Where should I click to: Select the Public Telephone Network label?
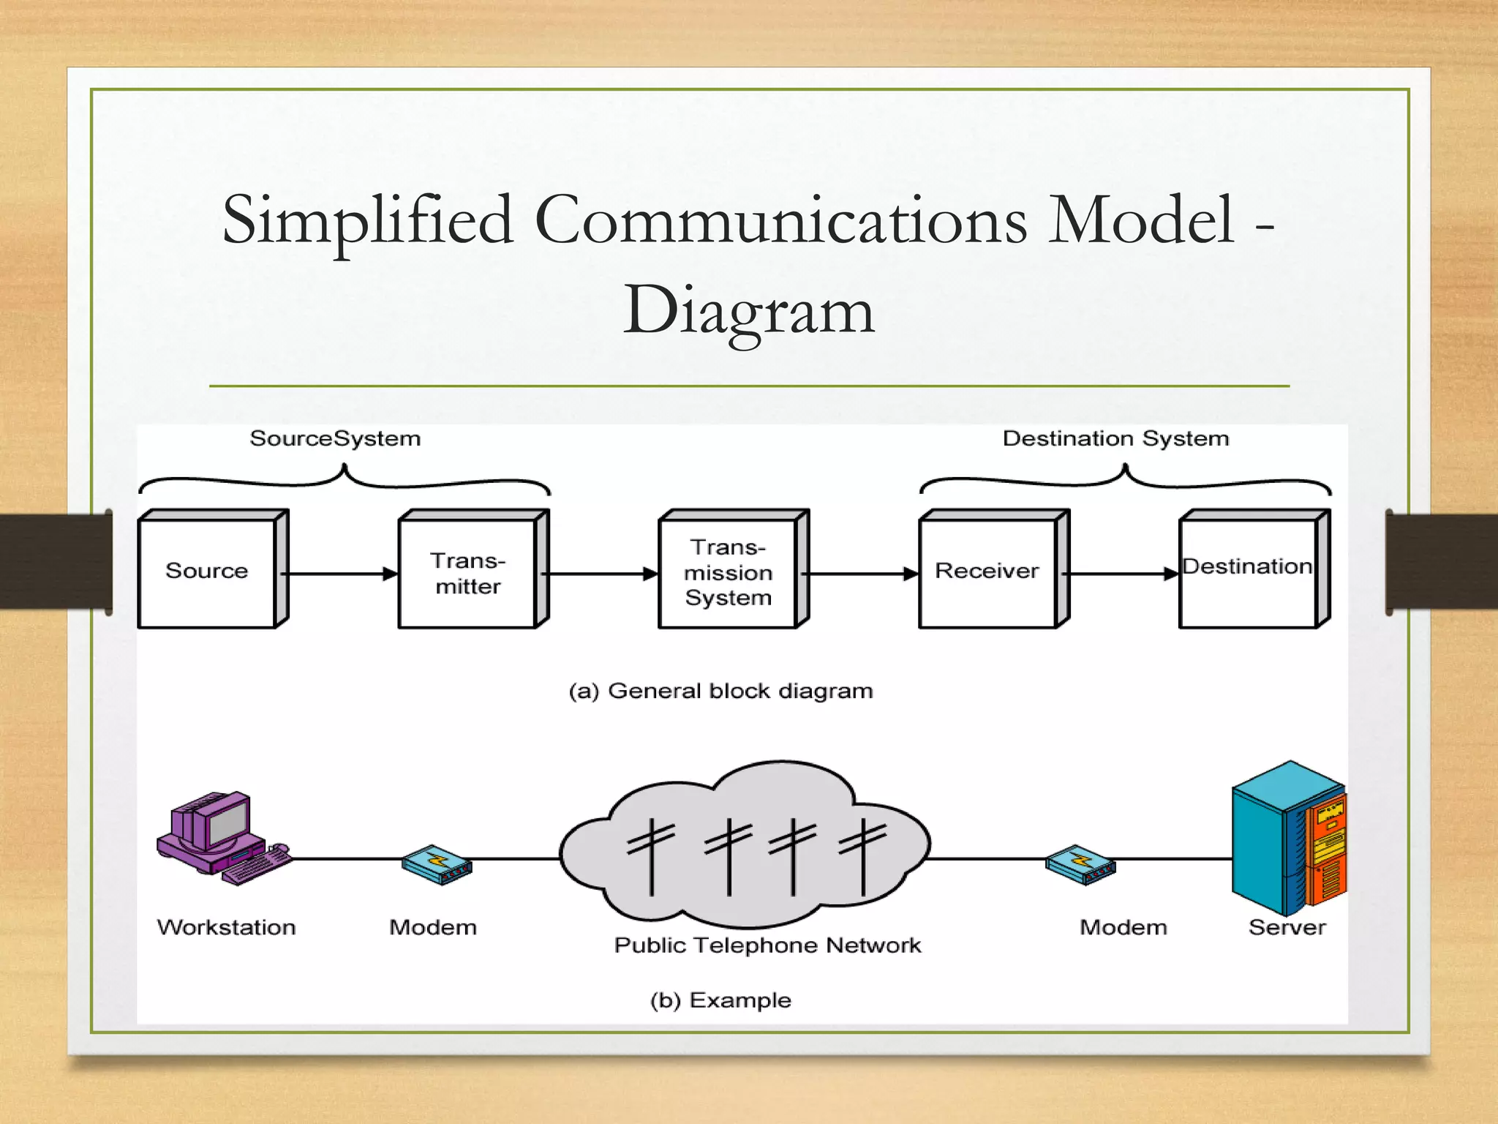click(767, 945)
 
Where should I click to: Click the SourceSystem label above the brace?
click(335, 438)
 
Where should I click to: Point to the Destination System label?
click(1115, 438)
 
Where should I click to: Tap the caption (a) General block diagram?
click(720, 691)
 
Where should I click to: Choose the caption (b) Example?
click(720, 1000)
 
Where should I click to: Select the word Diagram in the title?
click(748, 310)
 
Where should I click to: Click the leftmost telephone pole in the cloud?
click(651, 856)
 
